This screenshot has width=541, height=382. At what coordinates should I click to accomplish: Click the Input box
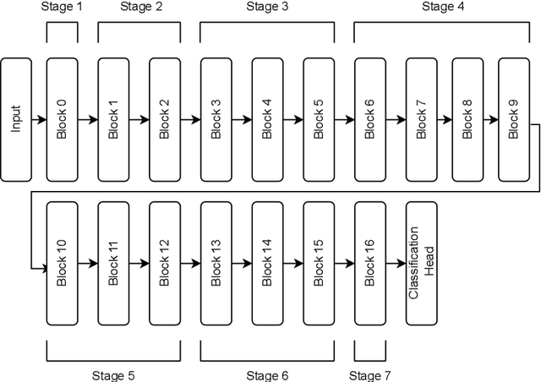point(16,119)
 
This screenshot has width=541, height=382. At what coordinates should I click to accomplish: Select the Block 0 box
point(62,119)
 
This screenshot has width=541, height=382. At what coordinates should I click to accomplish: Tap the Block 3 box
point(216,119)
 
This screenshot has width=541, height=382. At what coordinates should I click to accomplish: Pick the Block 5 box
point(318,119)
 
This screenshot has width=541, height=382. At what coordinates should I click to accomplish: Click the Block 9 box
point(514,119)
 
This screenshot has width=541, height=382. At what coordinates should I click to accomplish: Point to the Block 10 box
point(62,264)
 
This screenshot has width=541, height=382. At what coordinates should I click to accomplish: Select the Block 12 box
point(165,264)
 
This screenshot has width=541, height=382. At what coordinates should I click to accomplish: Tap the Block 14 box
point(267,264)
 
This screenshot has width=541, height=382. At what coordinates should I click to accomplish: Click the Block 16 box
point(369,264)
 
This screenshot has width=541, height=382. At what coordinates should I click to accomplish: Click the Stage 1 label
point(62,8)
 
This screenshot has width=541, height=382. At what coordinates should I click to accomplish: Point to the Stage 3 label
point(267,8)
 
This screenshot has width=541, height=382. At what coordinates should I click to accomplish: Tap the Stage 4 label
point(442,8)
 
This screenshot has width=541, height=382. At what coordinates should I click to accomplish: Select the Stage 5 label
point(113,374)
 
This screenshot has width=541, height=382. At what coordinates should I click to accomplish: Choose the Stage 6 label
point(267,374)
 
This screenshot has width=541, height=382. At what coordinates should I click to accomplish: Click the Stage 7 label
point(369,374)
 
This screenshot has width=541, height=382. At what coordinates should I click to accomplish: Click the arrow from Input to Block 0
point(39,120)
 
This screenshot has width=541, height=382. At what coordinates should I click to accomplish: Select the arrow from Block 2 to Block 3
point(190,120)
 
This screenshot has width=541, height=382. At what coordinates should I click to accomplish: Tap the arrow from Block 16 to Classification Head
point(396,264)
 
